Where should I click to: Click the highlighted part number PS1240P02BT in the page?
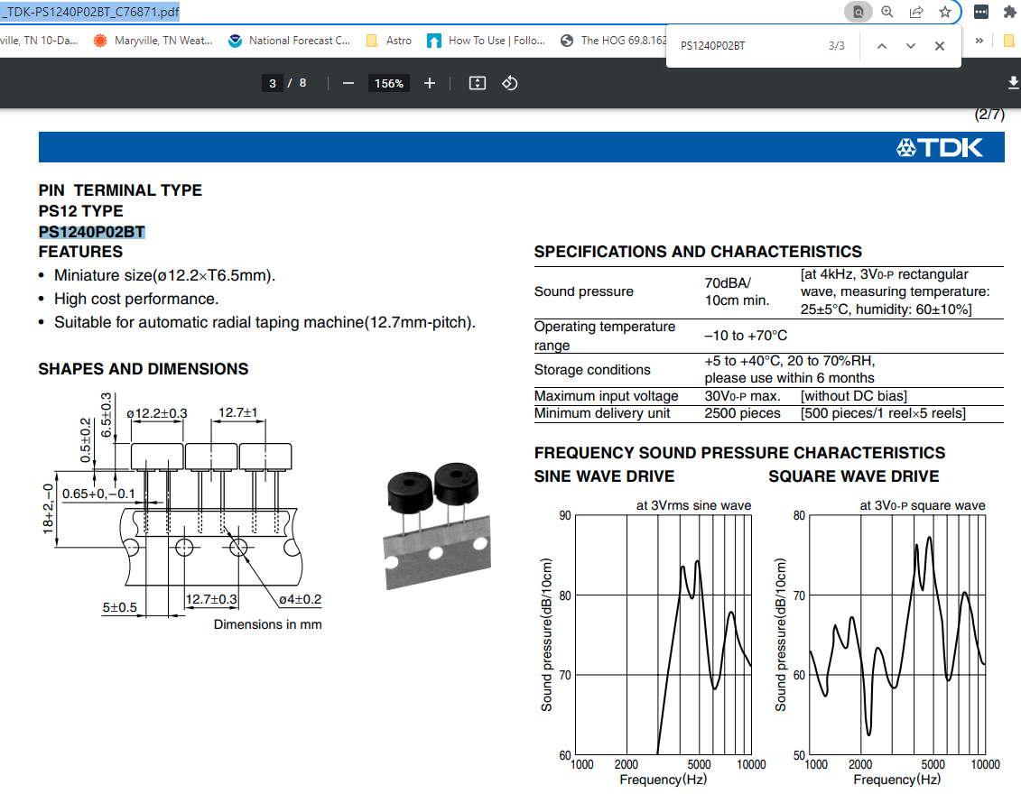(x=92, y=232)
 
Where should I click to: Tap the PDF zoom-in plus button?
(x=430, y=83)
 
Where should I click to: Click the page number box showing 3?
(x=272, y=83)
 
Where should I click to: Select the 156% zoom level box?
(x=389, y=83)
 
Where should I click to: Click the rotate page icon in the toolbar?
(x=510, y=83)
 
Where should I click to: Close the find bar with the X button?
(x=940, y=46)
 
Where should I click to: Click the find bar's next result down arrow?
(x=911, y=46)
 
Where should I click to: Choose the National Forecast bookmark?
(x=289, y=41)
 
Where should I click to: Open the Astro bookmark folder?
(x=389, y=41)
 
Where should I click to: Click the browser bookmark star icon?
(x=944, y=12)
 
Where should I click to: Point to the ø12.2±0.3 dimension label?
(x=157, y=413)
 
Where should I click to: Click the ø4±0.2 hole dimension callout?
(x=300, y=599)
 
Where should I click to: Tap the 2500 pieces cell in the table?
(x=742, y=413)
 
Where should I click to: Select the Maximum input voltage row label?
(x=606, y=396)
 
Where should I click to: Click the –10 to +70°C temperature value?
(x=746, y=336)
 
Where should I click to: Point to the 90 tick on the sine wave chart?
(x=564, y=516)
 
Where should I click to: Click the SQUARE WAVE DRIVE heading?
(x=854, y=476)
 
